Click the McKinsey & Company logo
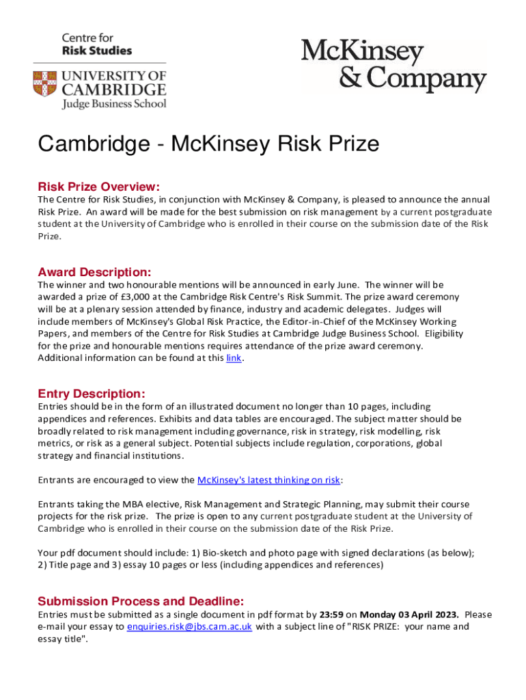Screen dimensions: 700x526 tap(393, 66)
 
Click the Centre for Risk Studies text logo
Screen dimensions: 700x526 tap(97, 44)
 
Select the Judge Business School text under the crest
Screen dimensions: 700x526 tap(114, 104)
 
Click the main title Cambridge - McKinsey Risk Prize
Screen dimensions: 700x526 tap(208, 145)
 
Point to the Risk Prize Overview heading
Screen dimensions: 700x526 tap(98, 187)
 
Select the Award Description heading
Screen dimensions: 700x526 tap(94, 272)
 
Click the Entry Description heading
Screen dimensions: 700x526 tap(91, 394)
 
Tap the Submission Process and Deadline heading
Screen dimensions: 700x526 tap(140, 602)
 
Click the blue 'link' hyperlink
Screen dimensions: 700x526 tap(233, 358)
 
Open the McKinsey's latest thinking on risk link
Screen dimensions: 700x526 tap(268, 480)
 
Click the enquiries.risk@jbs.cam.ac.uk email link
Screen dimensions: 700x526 tap(189, 627)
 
